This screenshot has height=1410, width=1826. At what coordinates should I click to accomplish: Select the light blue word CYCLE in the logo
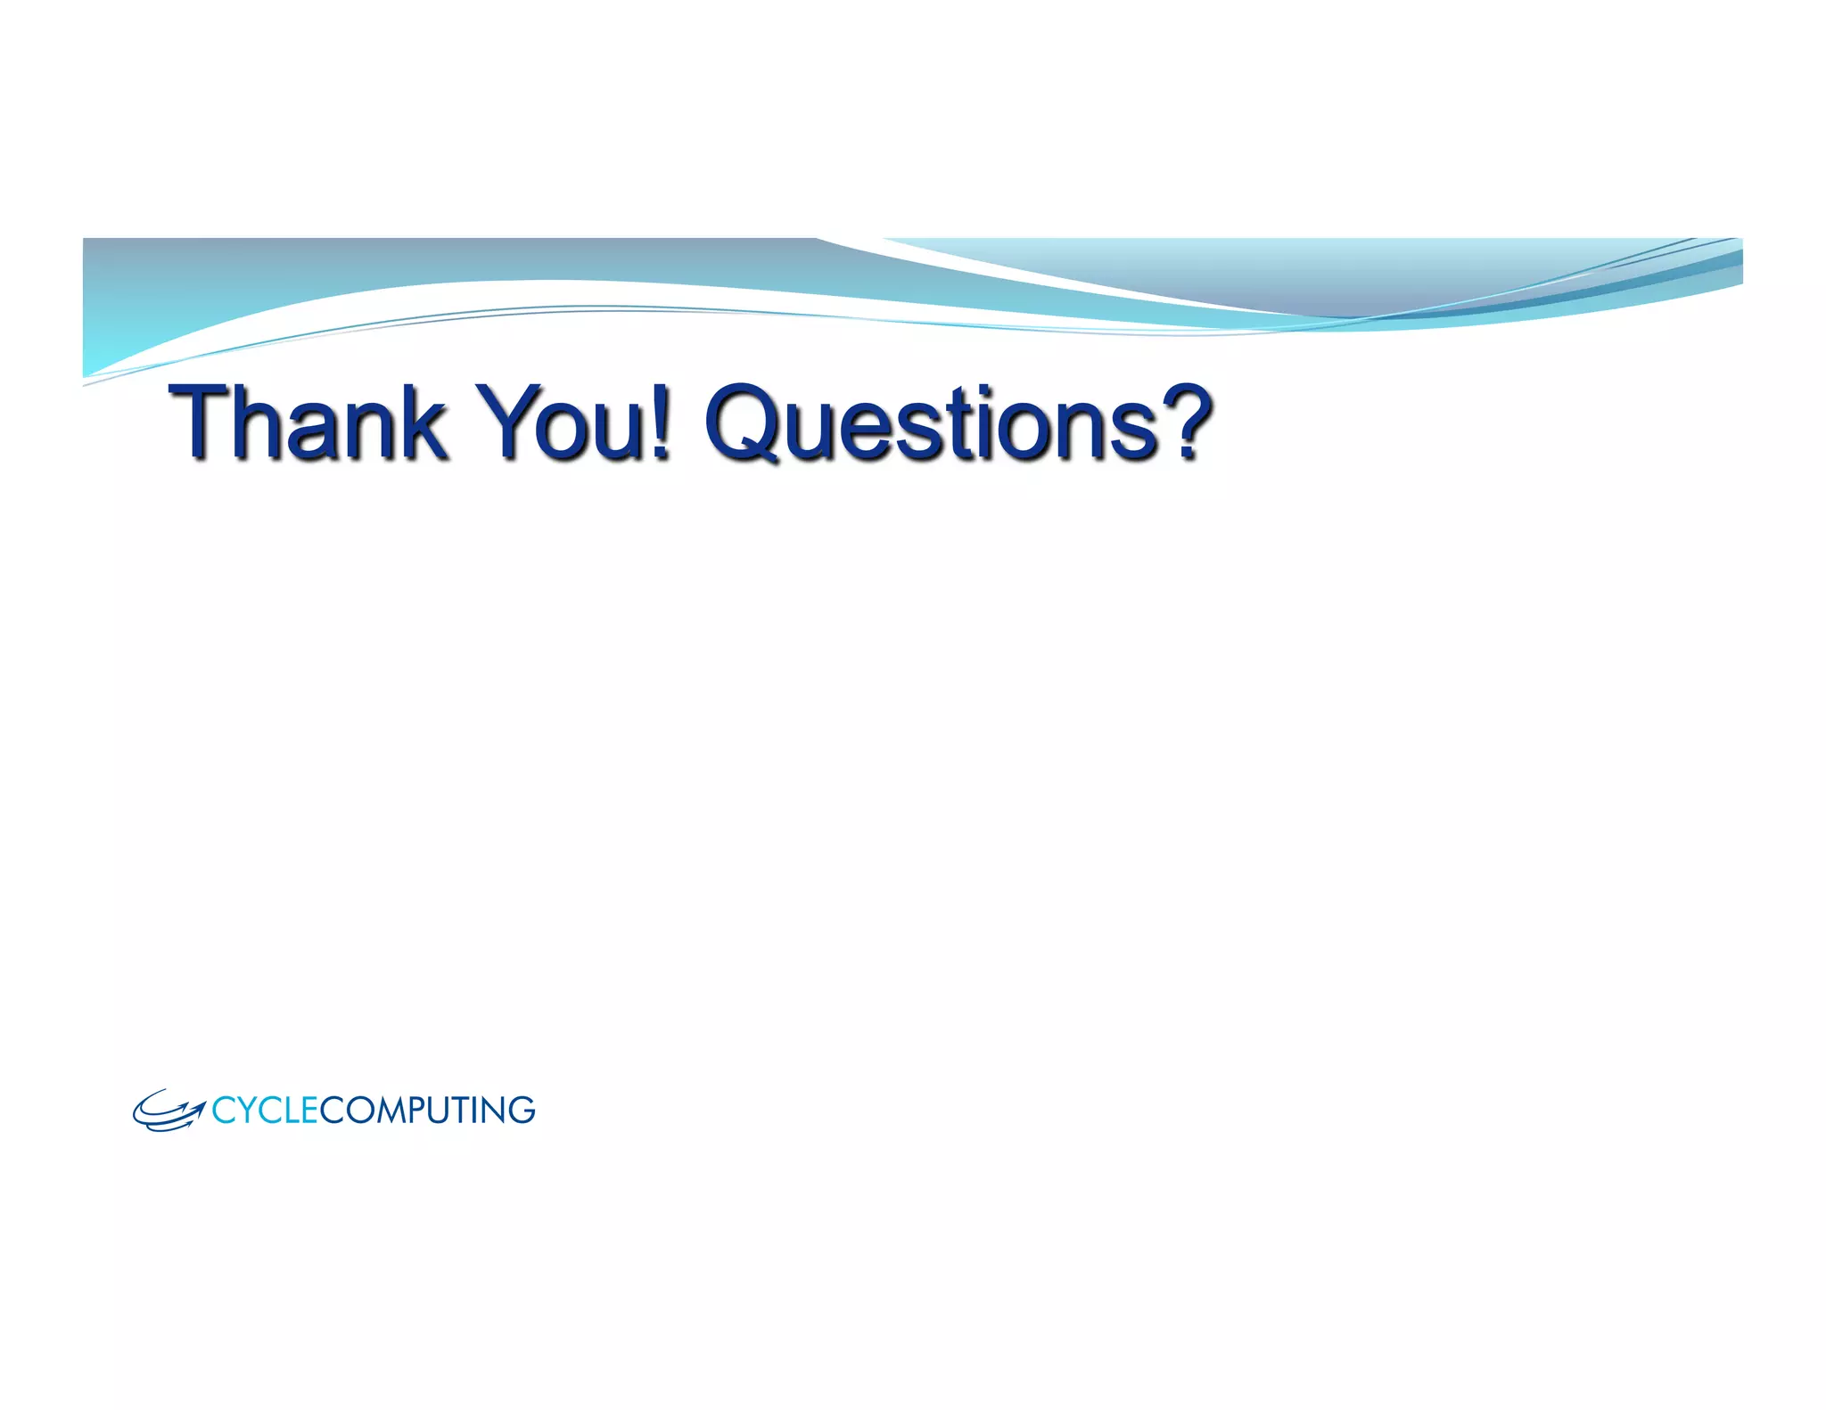[x=265, y=1111]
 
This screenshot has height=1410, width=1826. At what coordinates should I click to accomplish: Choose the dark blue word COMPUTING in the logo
[x=427, y=1111]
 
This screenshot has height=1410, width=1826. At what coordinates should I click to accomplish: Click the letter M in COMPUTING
[x=387, y=1111]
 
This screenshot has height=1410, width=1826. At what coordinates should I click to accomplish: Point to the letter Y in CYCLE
[x=246, y=1111]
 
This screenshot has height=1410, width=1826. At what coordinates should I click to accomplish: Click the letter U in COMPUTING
[x=441, y=1111]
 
